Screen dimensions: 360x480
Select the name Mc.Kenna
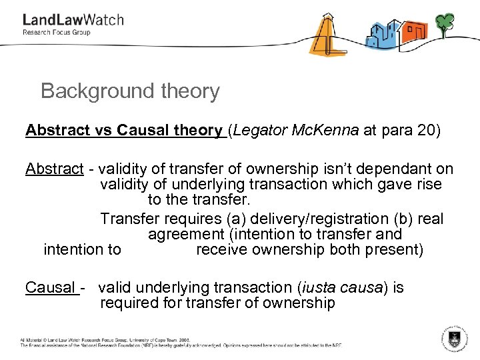click(326, 130)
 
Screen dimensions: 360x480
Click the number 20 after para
click(424, 130)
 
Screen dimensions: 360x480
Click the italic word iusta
click(320, 288)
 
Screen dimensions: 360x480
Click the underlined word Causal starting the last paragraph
click(50, 288)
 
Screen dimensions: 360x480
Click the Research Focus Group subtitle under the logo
click(57, 33)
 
